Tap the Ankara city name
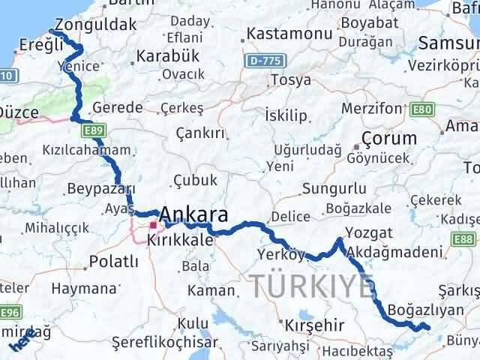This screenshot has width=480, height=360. point(194,215)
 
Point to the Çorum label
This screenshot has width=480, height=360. point(388,138)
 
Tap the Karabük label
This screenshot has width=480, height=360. point(166,55)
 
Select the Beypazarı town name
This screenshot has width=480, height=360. point(101,188)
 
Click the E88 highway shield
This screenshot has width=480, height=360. point(464,239)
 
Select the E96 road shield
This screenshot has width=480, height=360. point(12,311)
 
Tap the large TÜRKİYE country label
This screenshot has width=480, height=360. point(310,285)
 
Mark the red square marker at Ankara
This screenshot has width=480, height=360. point(153,224)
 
